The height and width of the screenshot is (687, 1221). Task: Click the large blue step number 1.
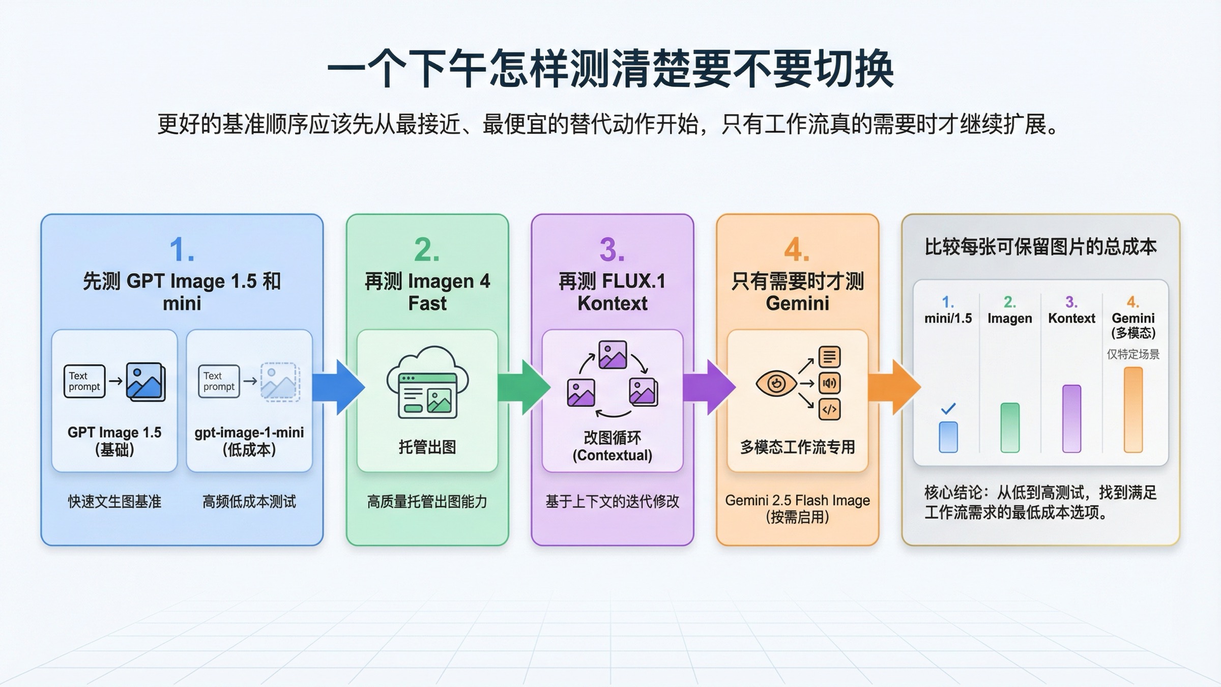click(x=181, y=250)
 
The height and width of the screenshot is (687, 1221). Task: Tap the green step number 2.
click(x=426, y=250)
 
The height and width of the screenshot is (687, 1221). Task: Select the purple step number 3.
click(x=612, y=250)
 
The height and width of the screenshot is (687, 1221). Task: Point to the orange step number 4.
click(x=796, y=250)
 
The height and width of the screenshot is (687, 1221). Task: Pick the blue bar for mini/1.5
click(x=948, y=437)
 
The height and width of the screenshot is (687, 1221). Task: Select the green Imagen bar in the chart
click(x=1010, y=427)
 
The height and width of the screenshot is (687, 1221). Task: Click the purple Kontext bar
click(x=1071, y=418)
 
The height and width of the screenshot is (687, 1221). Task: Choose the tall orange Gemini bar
click(x=1133, y=410)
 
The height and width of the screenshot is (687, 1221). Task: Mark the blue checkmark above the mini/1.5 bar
click(x=948, y=409)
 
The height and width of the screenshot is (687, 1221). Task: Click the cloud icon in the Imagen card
click(x=427, y=382)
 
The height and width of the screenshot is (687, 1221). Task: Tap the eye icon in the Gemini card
click(x=776, y=383)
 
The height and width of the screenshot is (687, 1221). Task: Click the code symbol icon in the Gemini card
click(x=829, y=410)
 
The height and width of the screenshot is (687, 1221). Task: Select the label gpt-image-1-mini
click(x=249, y=433)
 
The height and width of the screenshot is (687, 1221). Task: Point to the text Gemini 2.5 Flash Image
click(x=797, y=500)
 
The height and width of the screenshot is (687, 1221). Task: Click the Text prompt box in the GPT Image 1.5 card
click(x=84, y=381)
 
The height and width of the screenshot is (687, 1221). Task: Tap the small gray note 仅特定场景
click(x=1133, y=354)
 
